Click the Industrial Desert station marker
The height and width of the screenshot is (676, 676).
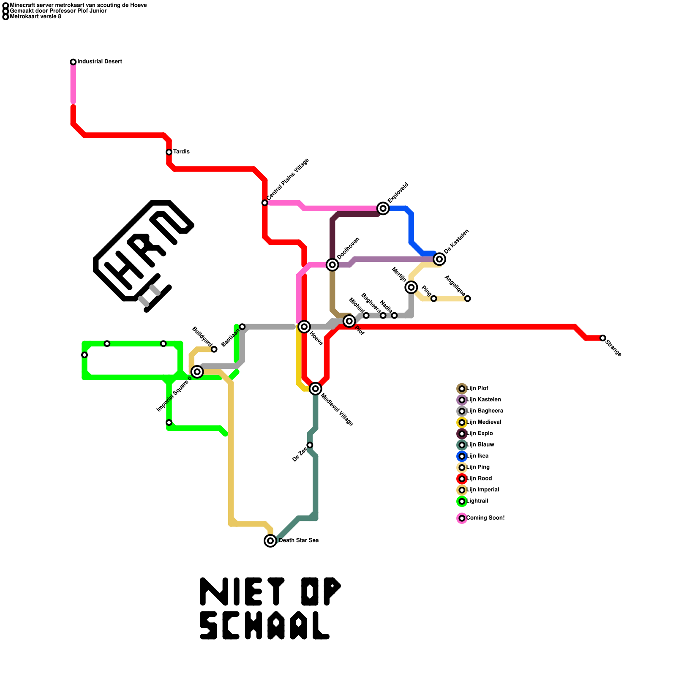(73, 62)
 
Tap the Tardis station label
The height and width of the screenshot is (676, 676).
(181, 152)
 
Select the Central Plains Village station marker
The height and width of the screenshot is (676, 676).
(264, 203)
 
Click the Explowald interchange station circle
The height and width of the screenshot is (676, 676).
(383, 208)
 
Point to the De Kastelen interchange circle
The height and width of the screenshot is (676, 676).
(439, 259)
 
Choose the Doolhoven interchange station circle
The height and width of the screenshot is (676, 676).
(333, 264)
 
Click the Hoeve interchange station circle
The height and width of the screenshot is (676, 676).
(304, 327)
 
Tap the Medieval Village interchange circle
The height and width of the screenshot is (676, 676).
(315, 389)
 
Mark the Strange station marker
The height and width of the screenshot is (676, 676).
(602, 338)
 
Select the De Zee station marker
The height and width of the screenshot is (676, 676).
(310, 445)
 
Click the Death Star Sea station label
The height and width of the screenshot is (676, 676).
(299, 540)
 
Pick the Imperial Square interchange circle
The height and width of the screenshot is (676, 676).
(197, 372)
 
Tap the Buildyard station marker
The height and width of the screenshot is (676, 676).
(214, 349)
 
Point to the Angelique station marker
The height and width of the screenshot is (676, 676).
(467, 299)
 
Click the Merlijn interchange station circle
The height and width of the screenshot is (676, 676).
(411, 287)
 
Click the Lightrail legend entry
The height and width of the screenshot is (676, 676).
(477, 501)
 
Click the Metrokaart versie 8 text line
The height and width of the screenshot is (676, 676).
(35, 16)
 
